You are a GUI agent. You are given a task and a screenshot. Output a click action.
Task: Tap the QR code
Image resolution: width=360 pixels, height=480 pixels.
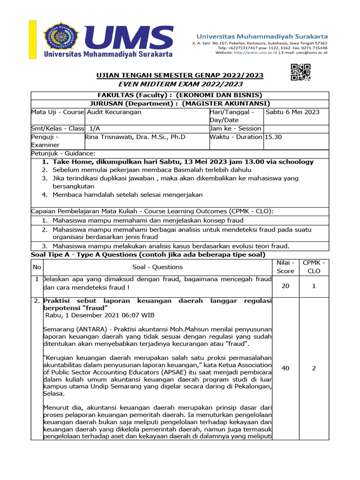coord(300,72)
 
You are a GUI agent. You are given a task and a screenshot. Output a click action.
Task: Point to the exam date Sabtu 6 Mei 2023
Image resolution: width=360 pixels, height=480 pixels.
coord(293,112)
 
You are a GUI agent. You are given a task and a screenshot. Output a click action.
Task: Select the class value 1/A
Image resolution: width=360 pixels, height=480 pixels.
coord(95,128)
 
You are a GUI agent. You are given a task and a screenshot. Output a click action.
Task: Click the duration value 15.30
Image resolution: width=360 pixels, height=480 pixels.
coord(274,137)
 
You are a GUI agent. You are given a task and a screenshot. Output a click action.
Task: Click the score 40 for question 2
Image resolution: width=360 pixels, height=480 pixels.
coord(285,368)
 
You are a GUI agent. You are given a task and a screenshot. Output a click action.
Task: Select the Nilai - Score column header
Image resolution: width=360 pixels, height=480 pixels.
coord(285,267)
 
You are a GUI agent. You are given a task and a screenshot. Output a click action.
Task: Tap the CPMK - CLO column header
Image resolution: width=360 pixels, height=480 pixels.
coord(314,267)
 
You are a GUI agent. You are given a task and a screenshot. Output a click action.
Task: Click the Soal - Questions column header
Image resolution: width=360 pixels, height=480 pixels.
coord(157,267)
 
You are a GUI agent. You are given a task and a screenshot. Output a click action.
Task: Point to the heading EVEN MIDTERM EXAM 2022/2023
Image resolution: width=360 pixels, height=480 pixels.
coord(180,84)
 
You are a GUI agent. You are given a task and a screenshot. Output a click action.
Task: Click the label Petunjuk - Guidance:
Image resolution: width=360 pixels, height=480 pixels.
coord(63,153)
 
